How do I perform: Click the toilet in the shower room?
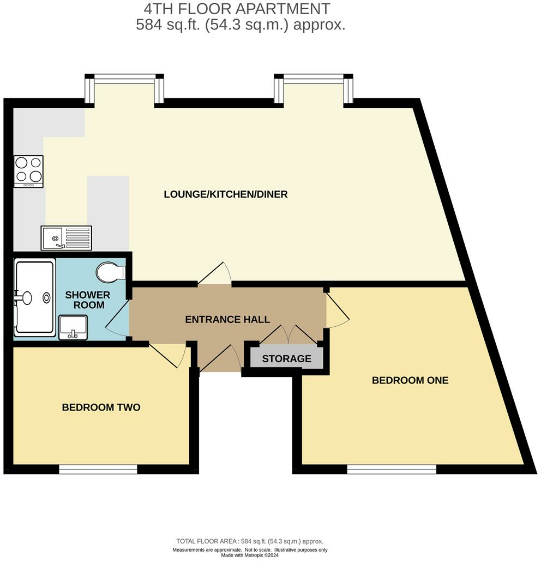coord(111,271)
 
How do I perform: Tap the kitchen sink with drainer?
coord(67,237)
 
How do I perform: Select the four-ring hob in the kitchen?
coord(29,170)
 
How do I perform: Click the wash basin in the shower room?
coord(73,328)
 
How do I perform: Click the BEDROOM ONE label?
coord(410,381)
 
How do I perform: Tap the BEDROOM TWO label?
coord(101,407)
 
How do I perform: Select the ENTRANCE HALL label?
coord(227,320)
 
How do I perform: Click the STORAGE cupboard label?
coord(286,359)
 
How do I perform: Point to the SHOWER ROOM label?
coord(88,300)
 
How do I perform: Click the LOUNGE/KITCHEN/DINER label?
coord(226,194)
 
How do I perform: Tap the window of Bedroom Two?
coord(98,469)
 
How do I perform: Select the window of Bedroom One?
coord(392,469)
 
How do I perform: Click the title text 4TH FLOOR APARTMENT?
coord(237,9)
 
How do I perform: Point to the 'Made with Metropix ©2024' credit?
coord(250,555)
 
